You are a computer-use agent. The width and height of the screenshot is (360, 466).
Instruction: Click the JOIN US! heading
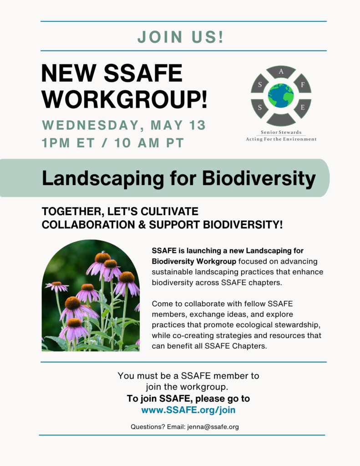pos(180,37)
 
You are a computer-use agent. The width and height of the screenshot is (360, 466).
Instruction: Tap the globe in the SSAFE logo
pos(281,96)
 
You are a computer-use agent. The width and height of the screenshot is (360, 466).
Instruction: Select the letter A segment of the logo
pos(281,71)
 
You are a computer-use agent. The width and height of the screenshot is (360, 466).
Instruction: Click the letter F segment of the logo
pos(303,84)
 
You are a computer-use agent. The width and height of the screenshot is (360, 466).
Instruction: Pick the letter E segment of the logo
pos(303,108)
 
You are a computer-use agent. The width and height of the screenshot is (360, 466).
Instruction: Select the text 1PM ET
pos(68,143)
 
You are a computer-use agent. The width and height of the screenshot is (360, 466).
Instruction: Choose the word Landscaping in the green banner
pos(103,179)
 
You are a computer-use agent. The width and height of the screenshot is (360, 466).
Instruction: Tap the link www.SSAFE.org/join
pos(188,410)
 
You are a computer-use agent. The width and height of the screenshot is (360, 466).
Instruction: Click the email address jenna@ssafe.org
pos(213,427)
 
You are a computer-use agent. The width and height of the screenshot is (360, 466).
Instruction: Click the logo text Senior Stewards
pos(281,132)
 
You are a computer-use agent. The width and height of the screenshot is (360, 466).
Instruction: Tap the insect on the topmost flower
pos(103,253)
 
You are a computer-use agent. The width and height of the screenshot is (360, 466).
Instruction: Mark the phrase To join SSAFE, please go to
pos(188,399)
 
